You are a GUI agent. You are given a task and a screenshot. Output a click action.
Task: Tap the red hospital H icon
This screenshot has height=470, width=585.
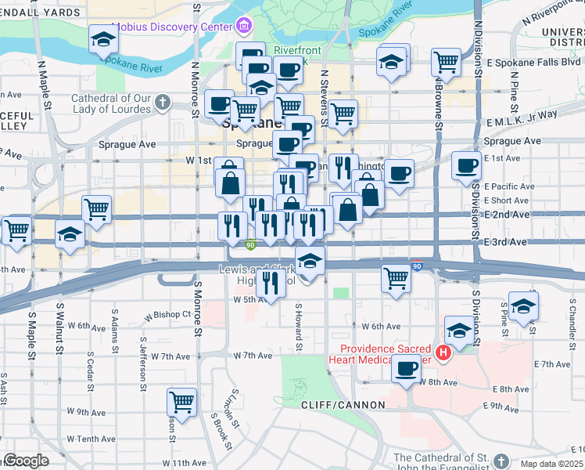(x=443, y=353)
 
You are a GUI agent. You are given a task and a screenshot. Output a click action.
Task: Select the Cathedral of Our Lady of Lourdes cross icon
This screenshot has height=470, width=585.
(x=162, y=102)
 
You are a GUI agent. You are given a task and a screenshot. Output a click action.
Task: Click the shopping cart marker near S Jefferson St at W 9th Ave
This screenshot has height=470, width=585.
(x=181, y=402)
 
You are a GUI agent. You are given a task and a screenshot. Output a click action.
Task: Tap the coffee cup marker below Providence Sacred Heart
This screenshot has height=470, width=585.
(x=405, y=367)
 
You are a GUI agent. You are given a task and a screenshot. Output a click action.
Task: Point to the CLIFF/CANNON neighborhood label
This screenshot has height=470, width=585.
(x=343, y=405)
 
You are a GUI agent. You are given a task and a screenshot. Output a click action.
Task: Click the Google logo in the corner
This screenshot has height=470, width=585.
(x=25, y=461)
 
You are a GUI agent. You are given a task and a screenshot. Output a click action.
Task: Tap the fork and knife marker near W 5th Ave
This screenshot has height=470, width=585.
(x=271, y=280)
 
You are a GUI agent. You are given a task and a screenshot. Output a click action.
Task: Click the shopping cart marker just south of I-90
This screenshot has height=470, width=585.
(x=397, y=277)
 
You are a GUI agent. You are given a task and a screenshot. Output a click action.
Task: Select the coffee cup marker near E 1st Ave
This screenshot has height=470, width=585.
(x=468, y=165)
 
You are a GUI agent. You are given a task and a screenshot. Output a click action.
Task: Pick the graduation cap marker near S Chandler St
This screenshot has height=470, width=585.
(x=523, y=306)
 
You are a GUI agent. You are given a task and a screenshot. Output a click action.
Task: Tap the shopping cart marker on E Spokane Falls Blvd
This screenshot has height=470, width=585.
(x=445, y=60)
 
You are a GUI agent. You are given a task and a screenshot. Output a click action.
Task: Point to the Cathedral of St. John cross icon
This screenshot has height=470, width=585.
(x=501, y=458)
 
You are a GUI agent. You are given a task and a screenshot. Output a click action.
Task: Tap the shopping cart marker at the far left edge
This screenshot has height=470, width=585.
(x=16, y=230)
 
